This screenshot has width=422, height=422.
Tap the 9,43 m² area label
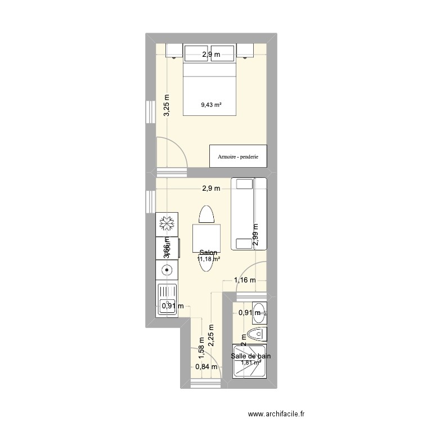coord(211,104)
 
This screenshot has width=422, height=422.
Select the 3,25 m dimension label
coord(167,105)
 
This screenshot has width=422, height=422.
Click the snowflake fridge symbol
coord(167,225)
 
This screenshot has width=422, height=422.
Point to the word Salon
coord(208,253)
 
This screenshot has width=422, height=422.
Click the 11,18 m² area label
coord(208,259)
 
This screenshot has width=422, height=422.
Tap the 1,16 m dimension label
coord(245,280)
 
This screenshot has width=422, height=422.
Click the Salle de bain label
coord(250,356)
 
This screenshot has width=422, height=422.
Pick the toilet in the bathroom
coord(257,334)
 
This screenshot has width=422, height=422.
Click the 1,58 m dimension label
coord(201,347)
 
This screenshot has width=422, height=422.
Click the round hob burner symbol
coord(167,270)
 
